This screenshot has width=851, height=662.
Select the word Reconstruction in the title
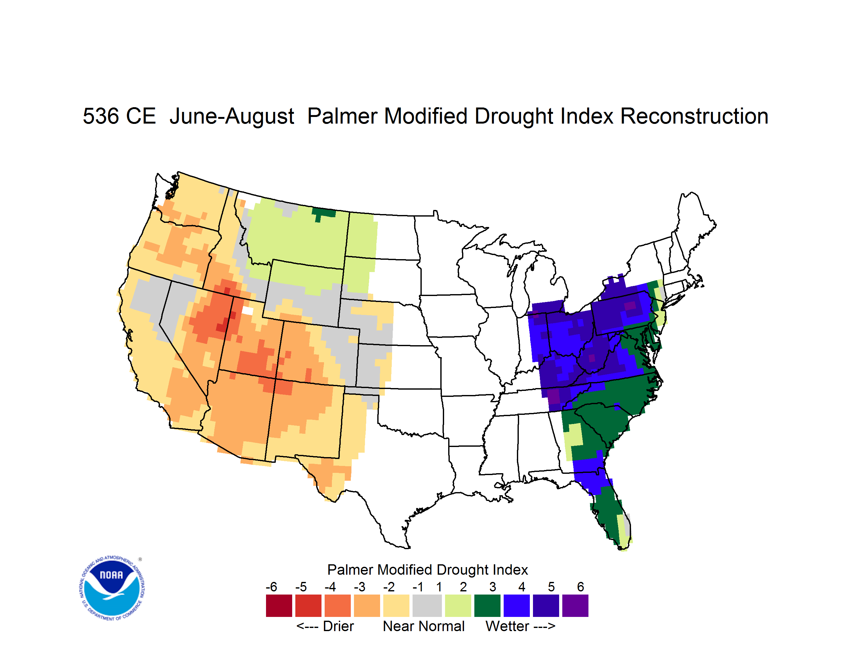694,116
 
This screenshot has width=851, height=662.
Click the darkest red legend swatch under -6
279,606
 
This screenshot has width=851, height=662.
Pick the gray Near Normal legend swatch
427,606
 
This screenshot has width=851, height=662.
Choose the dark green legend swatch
487,606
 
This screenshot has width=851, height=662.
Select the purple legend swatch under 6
575,606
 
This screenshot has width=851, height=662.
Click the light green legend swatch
458,606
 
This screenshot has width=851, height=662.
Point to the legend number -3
360,587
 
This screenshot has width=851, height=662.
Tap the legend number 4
522,587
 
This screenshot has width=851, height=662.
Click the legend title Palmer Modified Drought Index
427,570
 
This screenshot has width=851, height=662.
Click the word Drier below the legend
338,626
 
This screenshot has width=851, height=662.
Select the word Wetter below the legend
507,626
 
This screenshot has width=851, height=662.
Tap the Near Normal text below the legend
424,626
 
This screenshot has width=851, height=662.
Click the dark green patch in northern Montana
323,213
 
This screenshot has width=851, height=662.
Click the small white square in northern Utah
247,311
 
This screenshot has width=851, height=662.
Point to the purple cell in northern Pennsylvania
630,305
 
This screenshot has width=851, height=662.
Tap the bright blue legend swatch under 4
517,606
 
